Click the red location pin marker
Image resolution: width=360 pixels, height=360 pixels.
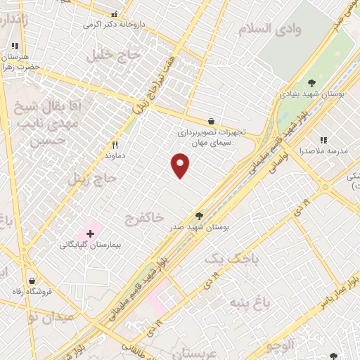click(x=181, y=165)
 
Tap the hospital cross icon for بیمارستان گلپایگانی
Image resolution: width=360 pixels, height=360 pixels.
click(x=90, y=233)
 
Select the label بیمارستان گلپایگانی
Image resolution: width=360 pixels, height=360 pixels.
click(x=89, y=245)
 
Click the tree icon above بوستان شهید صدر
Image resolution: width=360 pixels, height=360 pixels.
click(x=199, y=217)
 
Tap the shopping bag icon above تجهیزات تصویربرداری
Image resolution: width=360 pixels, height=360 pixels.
click(x=212, y=121)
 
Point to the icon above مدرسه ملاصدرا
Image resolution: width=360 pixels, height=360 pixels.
click(x=323, y=141)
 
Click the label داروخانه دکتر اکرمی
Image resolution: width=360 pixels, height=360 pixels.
click(x=110, y=25)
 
